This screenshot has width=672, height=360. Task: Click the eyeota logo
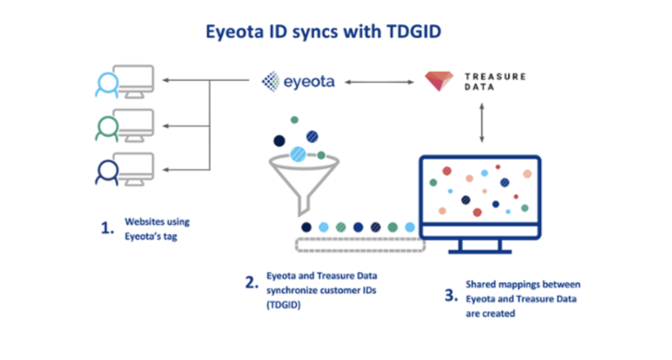click(x=298, y=81)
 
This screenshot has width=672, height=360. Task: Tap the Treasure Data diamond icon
click(x=439, y=81)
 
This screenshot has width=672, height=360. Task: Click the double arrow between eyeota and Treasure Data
click(x=379, y=82)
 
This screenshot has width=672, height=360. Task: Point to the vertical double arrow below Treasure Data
click(x=481, y=123)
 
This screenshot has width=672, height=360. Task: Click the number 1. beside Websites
click(x=107, y=228)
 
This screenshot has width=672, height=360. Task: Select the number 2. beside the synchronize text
click(x=251, y=283)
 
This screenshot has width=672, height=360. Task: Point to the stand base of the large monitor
click(x=480, y=251)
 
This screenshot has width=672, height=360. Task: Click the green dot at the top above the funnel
click(x=294, y=120)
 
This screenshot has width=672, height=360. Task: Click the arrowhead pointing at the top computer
click(x=165, y=80)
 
